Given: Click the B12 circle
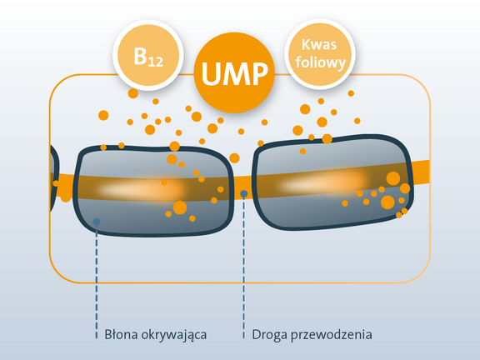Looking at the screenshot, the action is click(148, 55).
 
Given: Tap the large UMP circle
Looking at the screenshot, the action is click(234, 72).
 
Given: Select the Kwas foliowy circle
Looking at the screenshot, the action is click(320, 54).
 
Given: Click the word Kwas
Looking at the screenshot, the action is click(319, 45).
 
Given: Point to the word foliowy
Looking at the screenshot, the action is click(321, 63).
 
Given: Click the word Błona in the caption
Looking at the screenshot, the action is click(121, 335).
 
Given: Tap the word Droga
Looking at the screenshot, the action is click(269, 335).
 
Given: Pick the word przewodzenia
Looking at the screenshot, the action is click(331, 335).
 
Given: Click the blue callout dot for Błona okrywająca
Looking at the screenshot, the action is click(97, 222).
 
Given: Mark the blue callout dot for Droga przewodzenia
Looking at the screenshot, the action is click(243, 194).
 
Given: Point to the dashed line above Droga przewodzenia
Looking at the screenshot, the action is click(243, 267).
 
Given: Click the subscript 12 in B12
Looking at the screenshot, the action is click(156, 62).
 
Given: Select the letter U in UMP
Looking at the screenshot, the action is click(212, 73).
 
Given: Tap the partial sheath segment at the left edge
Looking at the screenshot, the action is click(54, 178).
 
